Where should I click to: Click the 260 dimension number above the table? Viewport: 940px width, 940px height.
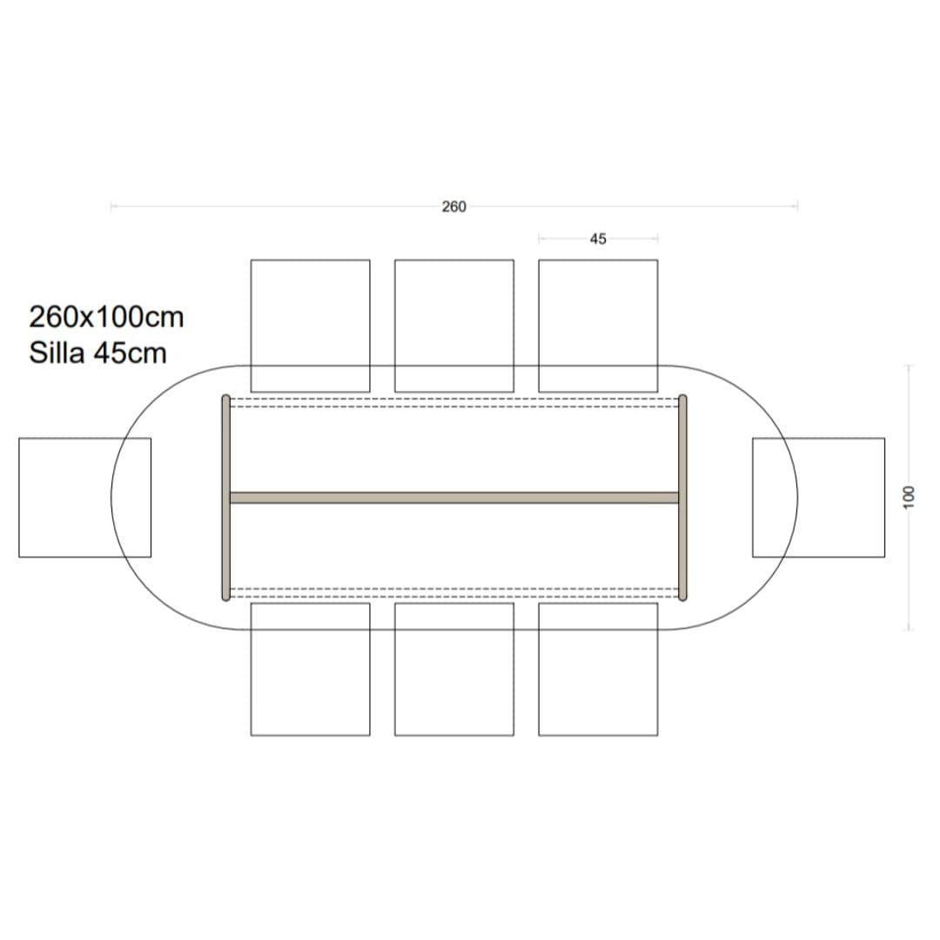(453, 207)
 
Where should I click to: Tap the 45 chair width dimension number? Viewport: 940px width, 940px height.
(598, 239)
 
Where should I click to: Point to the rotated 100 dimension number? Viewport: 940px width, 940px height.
(909, 498)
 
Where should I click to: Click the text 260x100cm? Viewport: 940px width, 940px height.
(106, 317)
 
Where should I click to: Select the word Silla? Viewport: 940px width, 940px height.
(57, 352)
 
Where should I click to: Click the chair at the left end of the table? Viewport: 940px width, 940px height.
(85, 498)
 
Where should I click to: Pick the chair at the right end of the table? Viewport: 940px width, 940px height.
(818, 498)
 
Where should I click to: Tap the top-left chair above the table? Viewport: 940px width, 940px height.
(310, 326)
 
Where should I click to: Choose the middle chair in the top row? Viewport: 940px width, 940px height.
(453, 326)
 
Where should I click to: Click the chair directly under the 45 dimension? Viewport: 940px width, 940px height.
(598, 326)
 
